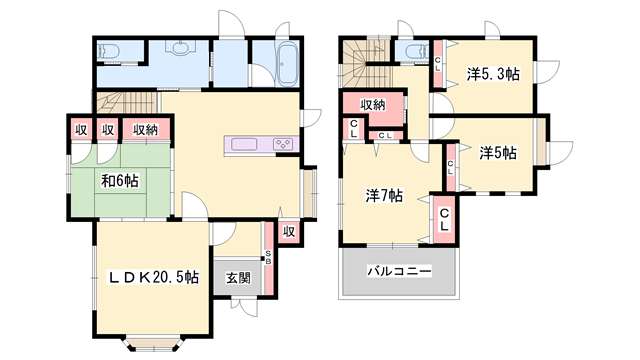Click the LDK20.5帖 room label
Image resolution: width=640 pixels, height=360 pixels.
point(153,278)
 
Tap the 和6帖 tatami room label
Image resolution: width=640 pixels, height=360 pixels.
point(120,180)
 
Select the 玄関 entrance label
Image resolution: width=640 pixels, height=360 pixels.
point(238,278)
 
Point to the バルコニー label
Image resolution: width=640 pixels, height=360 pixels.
point(399,271)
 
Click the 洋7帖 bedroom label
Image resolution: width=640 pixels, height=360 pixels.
point(384,196)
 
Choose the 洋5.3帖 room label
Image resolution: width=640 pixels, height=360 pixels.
point(493,74)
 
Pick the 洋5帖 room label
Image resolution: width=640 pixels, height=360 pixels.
point(498,153)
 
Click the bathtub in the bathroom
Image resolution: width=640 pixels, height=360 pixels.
point(288,64)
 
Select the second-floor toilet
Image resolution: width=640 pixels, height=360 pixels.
point(417,52)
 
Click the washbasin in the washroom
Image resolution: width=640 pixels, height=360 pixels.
point(180,47)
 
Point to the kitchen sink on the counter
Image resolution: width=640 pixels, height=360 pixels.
point(244,144)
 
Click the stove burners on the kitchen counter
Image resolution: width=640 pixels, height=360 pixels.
point(283,144)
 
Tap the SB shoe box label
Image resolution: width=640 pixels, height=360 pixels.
point(268,258)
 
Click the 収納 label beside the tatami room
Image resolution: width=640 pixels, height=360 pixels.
point(145,130)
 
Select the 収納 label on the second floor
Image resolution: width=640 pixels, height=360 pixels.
point(373,105)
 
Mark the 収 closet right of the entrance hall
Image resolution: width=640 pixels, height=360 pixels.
point(289,232)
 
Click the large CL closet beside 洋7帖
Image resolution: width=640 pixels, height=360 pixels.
point(444,220)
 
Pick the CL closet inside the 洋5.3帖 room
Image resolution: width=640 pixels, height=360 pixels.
point(438,64)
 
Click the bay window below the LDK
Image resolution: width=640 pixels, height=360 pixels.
point(154,344)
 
